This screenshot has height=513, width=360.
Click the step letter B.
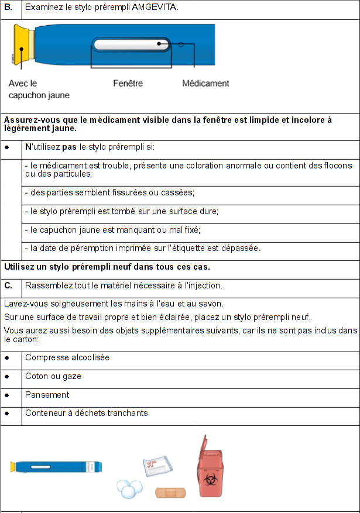coord(8,8)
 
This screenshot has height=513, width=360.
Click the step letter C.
coord(8,285)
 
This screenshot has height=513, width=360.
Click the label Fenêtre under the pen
coord(128,84)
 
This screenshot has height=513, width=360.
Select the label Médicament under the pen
coord(205,84)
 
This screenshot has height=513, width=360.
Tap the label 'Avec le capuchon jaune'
coord(39,89)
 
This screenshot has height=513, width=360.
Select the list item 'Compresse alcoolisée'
coord(67,357)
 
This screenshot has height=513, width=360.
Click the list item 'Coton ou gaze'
coord(53,376)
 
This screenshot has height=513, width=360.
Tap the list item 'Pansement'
coord(47,395)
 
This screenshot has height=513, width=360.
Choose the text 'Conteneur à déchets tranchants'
coord(86,413)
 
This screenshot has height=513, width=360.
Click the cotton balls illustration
coord(130,488)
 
